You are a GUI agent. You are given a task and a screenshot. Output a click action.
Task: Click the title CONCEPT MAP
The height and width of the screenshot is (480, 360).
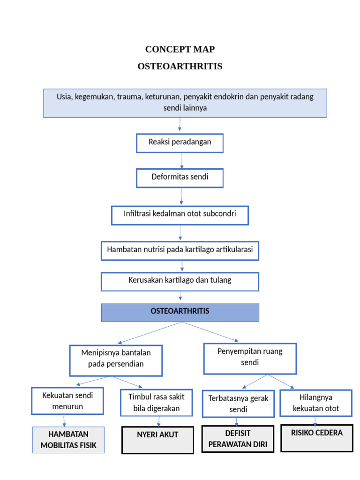(x=180, y=49)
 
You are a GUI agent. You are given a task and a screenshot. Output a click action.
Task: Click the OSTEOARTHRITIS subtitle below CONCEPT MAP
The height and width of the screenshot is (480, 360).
(x=180, y=66)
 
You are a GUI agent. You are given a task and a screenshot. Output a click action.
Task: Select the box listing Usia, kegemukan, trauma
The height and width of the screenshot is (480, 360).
(x=185, y=103)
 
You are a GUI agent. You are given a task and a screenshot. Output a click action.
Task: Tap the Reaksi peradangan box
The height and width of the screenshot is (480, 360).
(x=180, y=142)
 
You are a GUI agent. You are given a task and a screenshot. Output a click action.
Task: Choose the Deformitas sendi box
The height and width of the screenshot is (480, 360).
(x=180, y=178)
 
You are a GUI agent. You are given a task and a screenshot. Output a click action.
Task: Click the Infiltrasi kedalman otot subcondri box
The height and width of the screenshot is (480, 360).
(x=180, y=215)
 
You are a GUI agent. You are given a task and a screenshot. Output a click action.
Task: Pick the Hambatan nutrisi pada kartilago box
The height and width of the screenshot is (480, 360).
(x=180, y=250)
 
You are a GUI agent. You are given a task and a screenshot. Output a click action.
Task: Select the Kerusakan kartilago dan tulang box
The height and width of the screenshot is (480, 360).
(x=180, y=281)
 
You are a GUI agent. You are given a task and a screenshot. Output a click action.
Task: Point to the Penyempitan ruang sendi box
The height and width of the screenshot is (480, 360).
(x=250, y=358)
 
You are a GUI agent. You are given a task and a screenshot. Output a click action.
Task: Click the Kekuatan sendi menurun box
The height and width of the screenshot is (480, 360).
(x=67, y=401)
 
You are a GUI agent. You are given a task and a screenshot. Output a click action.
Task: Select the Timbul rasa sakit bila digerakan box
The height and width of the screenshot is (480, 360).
(x=157, y=403)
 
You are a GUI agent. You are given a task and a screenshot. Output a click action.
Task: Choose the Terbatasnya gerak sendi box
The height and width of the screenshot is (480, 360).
(x=238, y=404)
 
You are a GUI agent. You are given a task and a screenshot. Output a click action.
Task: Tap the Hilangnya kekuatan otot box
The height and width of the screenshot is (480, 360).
(x=315, y=403)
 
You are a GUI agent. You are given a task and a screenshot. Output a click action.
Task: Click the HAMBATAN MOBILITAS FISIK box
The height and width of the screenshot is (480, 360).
(x=68, y=440)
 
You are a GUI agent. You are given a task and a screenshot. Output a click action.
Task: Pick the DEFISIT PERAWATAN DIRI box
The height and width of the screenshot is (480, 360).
(x=238, y=439)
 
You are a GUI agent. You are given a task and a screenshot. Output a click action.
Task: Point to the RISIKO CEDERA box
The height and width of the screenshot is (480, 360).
(x=316, y=438)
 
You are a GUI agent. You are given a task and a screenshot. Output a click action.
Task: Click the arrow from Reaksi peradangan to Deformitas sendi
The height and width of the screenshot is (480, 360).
(x=182, y=160)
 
